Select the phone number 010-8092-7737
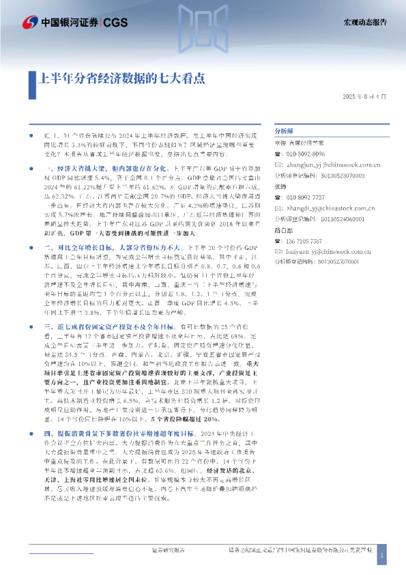304,197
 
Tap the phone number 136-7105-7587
304,240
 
